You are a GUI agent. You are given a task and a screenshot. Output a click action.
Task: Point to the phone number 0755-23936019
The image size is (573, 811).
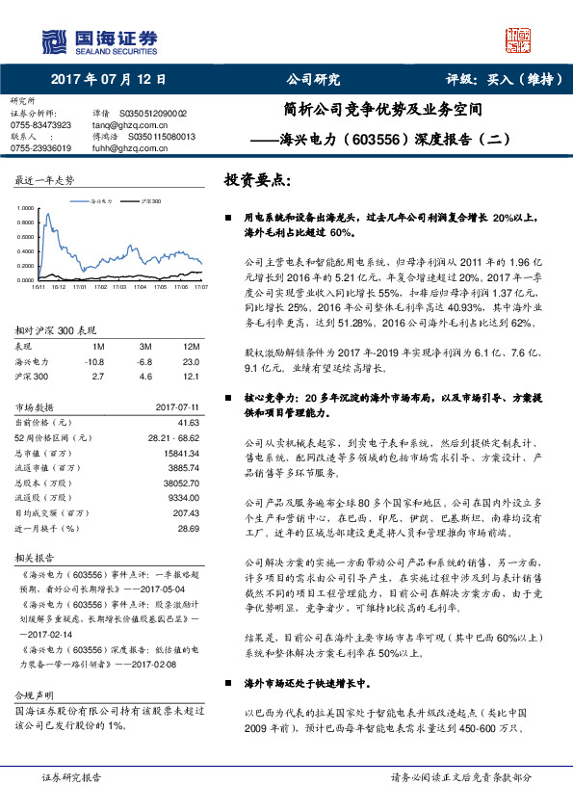(40, 148)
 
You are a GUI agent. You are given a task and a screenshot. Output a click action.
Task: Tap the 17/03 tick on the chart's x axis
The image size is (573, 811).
(117, 286)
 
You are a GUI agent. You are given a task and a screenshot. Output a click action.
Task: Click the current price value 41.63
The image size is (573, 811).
(188, 422)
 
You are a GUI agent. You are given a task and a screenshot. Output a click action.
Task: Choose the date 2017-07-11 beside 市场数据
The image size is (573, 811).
(176, 407)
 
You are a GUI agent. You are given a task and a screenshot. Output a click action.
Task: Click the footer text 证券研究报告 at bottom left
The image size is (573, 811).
(71, 776)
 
